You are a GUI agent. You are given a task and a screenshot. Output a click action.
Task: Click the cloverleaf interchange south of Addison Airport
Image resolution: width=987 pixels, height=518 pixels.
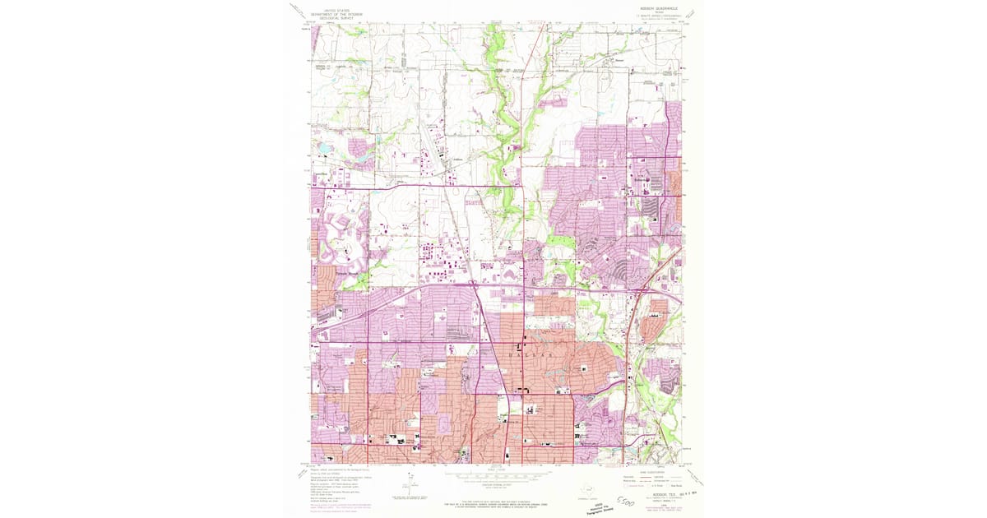pyautogui.click(x=475, y=284)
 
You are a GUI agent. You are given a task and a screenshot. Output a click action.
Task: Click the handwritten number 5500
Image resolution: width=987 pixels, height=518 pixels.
pyautogui.click(x=626, y=499)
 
